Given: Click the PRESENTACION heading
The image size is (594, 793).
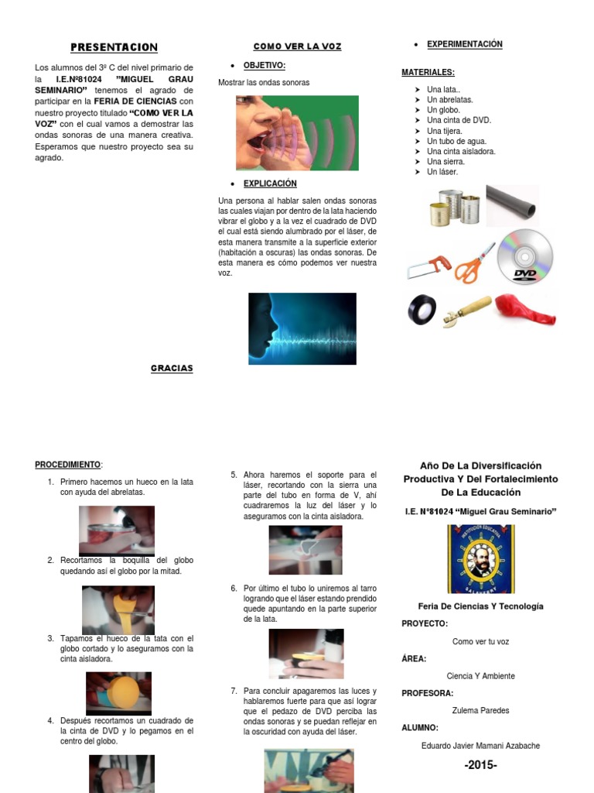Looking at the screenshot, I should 114,47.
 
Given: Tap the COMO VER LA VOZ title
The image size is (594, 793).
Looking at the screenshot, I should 297,46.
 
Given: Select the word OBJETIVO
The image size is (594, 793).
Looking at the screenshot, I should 265,65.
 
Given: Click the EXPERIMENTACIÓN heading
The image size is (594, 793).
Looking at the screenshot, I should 464,44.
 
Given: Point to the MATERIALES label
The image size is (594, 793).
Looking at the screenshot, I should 427,72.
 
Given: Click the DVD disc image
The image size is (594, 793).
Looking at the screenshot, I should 525,258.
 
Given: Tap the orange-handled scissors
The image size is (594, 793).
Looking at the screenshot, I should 474,263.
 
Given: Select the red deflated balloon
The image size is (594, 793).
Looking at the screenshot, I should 525,307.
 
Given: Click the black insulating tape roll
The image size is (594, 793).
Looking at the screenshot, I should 422,310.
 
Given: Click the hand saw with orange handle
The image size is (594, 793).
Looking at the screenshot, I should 428,267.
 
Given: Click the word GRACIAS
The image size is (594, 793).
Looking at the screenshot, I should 172,368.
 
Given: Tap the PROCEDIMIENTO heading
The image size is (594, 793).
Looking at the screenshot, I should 68,465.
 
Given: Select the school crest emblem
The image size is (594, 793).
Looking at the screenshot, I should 480,559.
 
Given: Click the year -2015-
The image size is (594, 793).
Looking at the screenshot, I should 480,766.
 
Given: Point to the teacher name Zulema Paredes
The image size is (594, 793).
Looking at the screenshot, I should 480,710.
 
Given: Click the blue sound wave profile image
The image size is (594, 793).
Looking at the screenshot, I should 302,328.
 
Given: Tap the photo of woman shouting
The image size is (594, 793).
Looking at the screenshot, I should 297,132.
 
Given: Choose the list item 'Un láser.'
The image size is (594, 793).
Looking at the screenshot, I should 442,172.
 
